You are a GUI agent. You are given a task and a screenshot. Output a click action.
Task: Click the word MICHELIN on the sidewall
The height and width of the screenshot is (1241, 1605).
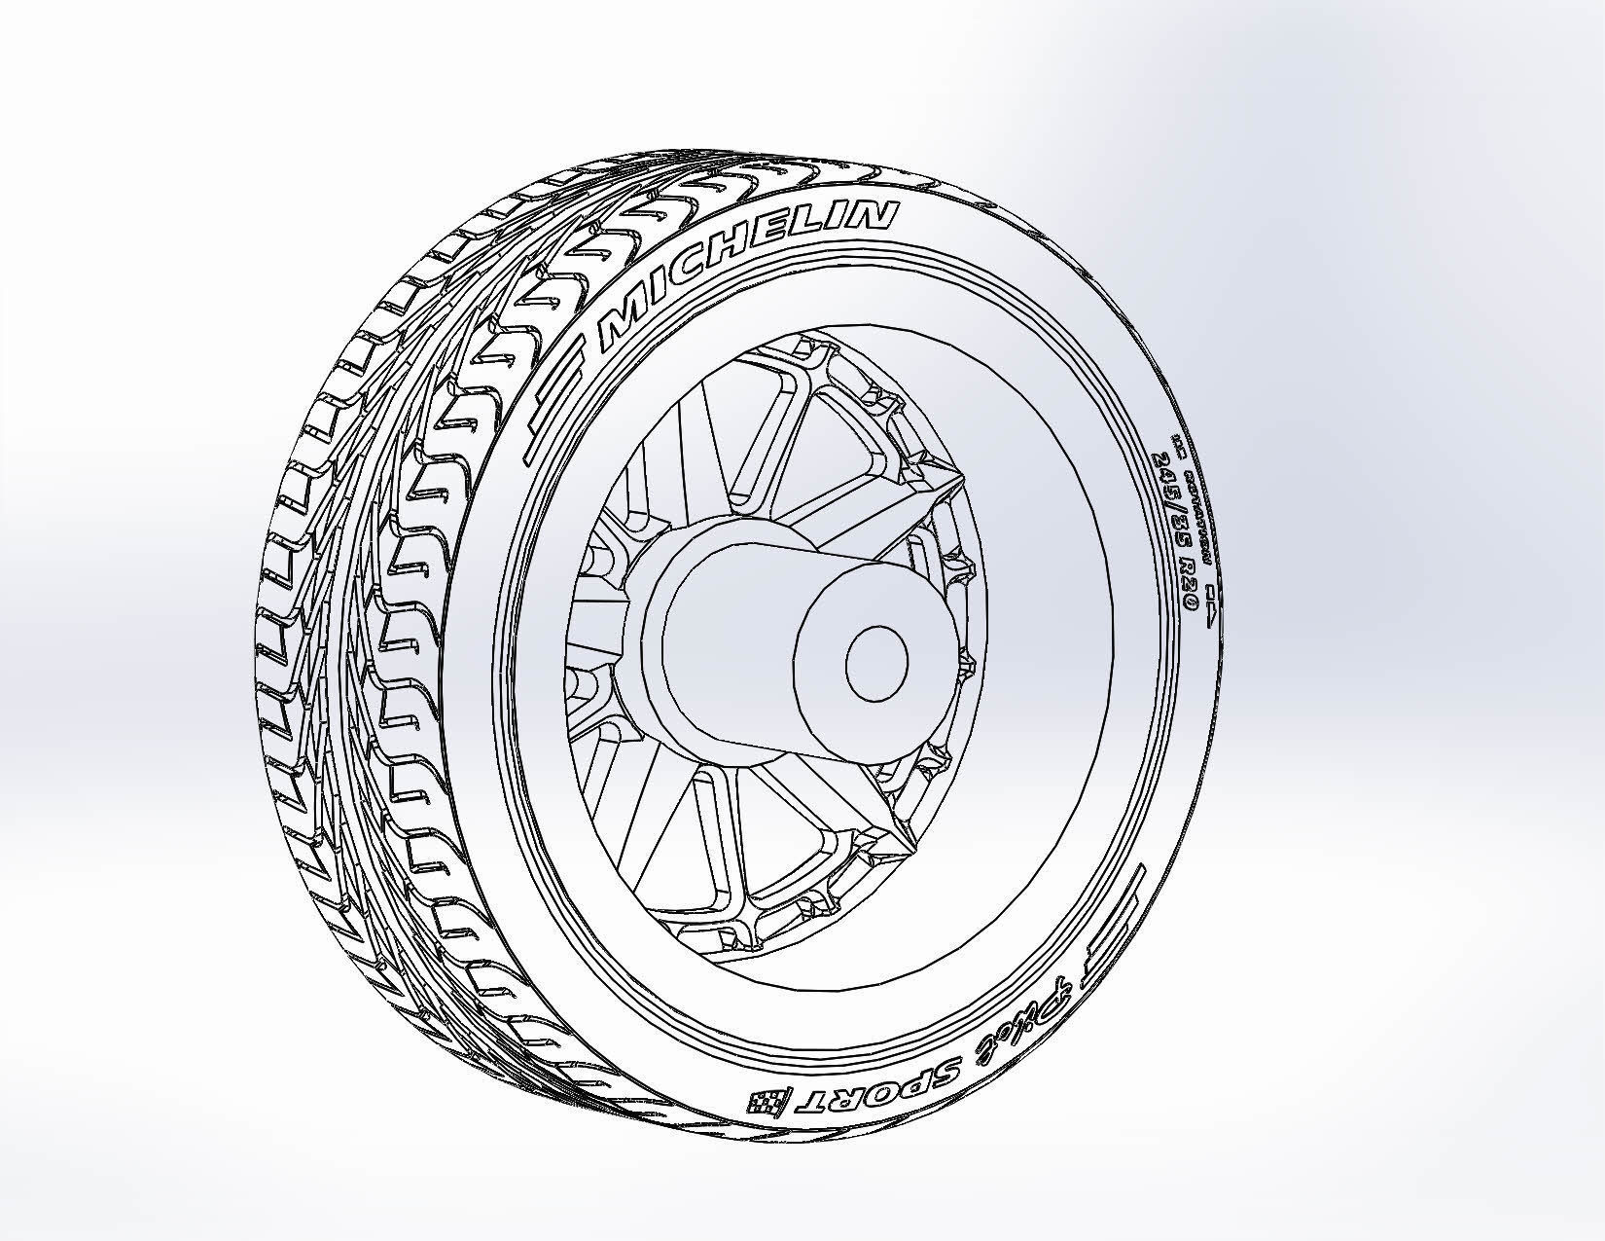744,276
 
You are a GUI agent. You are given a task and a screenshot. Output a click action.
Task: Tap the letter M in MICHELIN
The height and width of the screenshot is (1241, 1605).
623,329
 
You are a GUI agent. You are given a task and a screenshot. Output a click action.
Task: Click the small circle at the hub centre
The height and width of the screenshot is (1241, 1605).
876,663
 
